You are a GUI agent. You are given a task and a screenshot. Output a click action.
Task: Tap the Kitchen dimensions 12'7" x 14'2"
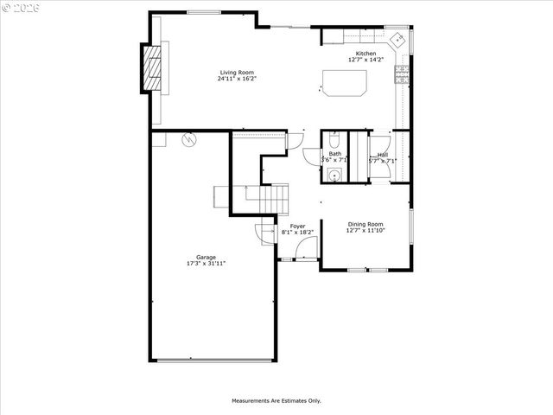coord(365,60)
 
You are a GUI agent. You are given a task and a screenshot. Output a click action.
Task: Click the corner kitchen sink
coord(398,40)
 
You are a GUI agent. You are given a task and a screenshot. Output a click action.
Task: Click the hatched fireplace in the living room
coord(152,67)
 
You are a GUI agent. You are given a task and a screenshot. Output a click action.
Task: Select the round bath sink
coord(334,176)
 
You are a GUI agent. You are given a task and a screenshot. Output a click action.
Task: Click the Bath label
coord(334,154)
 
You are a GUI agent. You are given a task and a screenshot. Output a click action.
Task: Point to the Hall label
coord(382,155)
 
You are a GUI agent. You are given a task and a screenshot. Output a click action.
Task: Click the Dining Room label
coord(365,224)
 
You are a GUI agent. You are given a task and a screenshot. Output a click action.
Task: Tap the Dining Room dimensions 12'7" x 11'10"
coord(365,230)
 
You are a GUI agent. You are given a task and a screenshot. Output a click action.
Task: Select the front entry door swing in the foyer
coord(304,249)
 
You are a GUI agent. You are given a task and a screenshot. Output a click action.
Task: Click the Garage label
coord(206,257)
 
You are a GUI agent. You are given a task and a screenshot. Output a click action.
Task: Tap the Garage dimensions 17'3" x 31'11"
coord(206,263)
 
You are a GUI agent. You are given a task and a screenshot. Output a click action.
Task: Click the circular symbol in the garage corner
coord(188,138)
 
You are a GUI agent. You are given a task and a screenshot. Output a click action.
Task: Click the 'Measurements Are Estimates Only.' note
coord(276,400)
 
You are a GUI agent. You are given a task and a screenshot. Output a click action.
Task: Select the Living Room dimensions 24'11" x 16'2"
coord(237,79)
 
